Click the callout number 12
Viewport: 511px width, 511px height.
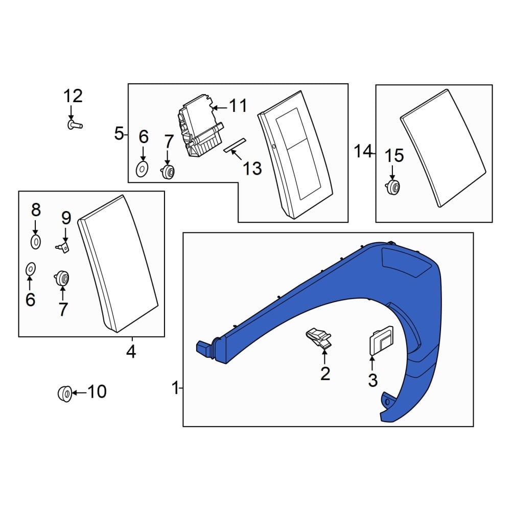pyautogui.click(x=73, y=96)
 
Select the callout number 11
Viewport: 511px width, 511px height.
pyautogui.click(x=238, y=106)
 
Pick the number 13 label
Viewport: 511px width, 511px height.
pyautogui.click(x=252, y=168)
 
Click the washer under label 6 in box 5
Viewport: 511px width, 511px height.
pyautogui.click(x=143, y=168)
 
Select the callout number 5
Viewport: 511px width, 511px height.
pyautogui.click(x=119, y=134)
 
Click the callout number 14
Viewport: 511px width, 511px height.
pyautogui.click(x=364, y=151)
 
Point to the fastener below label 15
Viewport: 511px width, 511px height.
pyautogui.click(x=393, y=188)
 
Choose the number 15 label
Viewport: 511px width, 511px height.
pyautogui.click(x=393, y=156)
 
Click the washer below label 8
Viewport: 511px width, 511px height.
pyautogui.click(x=35, y=241)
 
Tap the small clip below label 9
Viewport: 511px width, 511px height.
pyautogui.click(x=63, y=247)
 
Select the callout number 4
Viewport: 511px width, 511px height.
pyautogui.click(x=131, y=352)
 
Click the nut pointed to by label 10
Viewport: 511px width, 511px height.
pyautogui.click(x=64, y=393)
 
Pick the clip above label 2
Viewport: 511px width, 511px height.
pyautogui.click(x=318, y=337)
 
